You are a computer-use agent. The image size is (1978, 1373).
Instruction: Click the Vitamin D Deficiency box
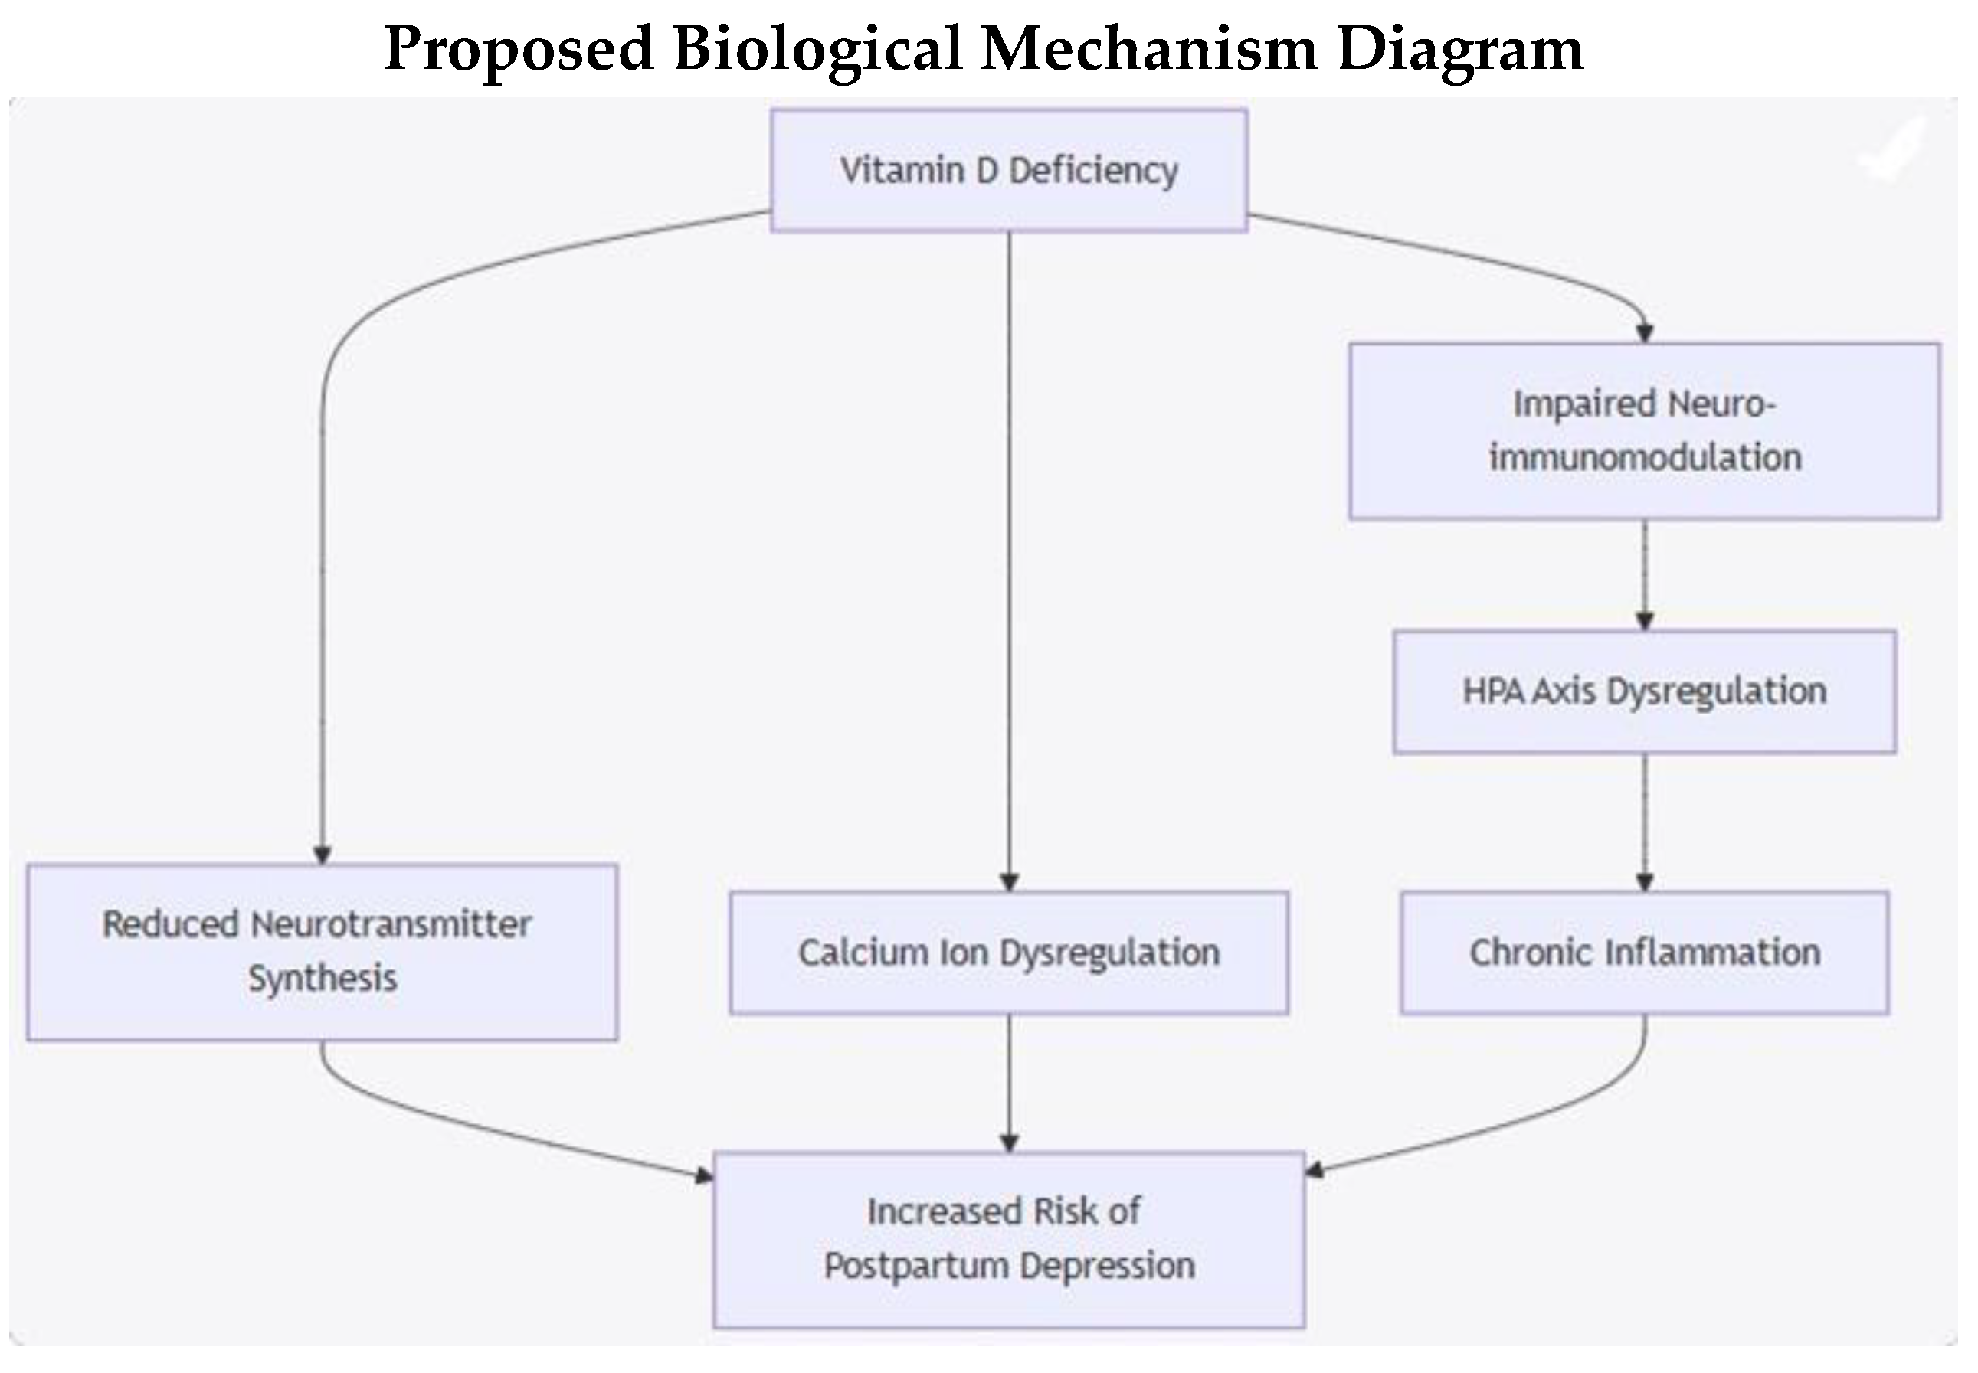[x=1008, y=170]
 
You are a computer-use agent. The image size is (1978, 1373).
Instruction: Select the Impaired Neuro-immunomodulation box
[x=1643, y=431]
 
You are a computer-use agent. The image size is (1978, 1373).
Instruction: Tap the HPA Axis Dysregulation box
[x=1643, y=691]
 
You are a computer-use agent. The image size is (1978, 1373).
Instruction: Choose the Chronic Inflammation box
[x=1643, y=953]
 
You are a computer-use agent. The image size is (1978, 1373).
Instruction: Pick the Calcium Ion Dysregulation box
[x=1008, y=953]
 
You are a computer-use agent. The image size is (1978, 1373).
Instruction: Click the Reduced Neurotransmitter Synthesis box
[x=322, y=952]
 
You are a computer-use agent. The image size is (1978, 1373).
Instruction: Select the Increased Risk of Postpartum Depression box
[x=1008, y=1240]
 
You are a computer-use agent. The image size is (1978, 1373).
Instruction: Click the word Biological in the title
[x=817, y=50]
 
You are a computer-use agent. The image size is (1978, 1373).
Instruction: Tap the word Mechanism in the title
[x=1149, y=48]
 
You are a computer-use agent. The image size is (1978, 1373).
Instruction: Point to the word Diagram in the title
[x=1460, y=50]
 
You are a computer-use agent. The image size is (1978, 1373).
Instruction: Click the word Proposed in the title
[x=519, y=50]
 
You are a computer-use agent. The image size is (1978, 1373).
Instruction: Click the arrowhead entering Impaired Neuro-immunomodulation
[x=1644, y=333]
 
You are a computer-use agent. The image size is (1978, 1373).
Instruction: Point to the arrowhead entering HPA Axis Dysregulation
[x=1644, y=620]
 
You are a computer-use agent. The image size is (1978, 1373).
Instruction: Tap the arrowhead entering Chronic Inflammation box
[x=1644, y=882]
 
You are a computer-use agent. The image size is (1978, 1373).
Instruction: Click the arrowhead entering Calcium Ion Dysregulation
[x=1009, y=882]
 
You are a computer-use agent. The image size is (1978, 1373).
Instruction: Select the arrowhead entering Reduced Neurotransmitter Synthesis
[x=322, y=855]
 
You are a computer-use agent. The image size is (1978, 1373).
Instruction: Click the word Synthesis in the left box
[x=323, y=979]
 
